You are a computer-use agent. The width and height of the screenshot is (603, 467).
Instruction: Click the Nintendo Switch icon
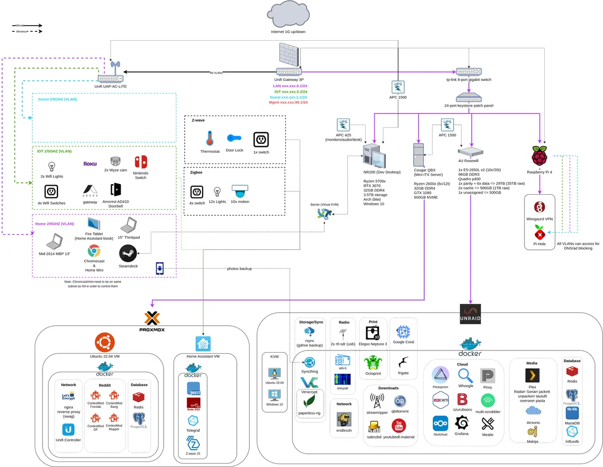click(x=141, y=163)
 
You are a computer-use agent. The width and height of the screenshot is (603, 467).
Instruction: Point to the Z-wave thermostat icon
click(x=209, y=138)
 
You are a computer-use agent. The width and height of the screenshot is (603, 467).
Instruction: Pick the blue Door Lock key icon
click(x=234, y=138)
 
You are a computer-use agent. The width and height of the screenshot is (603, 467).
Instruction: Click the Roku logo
click(x=90, y=164)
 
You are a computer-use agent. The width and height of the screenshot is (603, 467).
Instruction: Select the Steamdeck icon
click(x=128, y=253)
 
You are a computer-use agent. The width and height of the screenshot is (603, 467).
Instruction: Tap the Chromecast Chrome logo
click(x=93, y=251)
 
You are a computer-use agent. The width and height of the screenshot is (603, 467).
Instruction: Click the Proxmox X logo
click(x=152, y=319)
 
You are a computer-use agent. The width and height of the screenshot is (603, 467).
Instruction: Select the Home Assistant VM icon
click(x=203, y=344)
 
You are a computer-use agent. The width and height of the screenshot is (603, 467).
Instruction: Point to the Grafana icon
click(x=461, y=422)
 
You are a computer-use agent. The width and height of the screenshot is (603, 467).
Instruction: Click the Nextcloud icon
click(x=441, y=423)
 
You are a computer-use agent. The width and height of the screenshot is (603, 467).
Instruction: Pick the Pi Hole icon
click(x=539, y=232)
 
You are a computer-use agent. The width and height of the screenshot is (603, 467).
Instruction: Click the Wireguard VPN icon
click(x=539, y=208)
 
